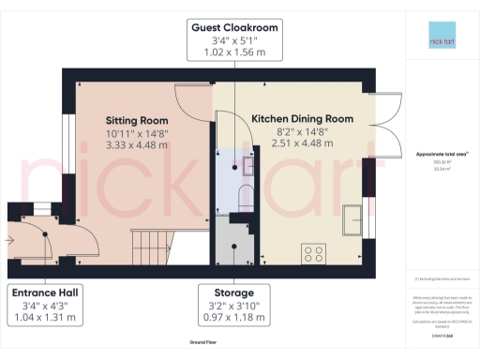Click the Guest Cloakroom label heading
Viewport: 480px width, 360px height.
(x=234, y=28)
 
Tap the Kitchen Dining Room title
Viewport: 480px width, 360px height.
(x=302, y=119)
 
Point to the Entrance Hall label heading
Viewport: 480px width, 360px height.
(x=45, y=292)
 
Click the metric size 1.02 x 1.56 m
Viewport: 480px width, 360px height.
(x=234, y=52)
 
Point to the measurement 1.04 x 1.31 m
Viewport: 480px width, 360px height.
(x=45, y=317)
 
